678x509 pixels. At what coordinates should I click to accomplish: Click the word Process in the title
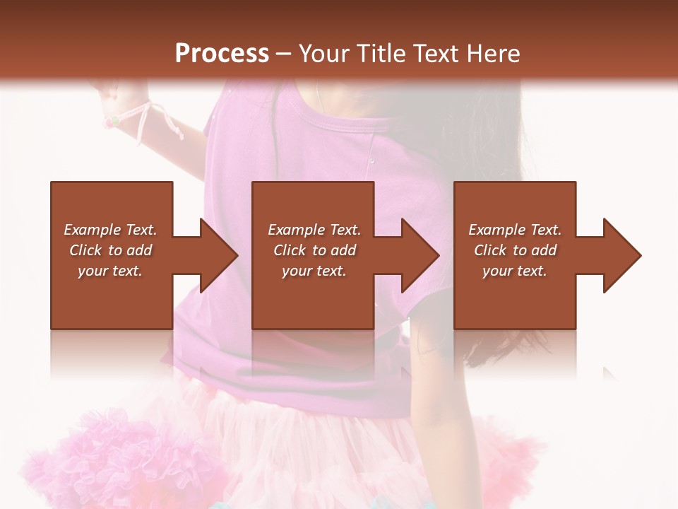click(222, 54)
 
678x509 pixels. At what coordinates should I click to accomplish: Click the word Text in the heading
click(437, 54)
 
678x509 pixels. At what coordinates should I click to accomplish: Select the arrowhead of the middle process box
click(420, 255)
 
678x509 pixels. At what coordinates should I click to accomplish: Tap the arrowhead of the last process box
click(621, 255)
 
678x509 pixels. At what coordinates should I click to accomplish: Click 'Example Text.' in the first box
click(110, 230)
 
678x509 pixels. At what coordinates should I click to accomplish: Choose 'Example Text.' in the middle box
click(314, 230)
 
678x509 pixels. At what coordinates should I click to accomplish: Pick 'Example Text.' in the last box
click(515, 230)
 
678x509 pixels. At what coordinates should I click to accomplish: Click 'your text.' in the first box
click(110, 271)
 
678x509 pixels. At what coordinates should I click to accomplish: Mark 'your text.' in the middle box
click(314, 271)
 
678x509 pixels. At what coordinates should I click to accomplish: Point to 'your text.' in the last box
click(515, 271)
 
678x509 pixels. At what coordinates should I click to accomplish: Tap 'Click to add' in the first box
click(110, 250)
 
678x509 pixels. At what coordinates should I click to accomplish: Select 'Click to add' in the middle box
click(314, 250)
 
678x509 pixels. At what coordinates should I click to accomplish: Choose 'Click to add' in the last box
click(515, 250)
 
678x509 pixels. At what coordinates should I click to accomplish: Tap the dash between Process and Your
click(284, 54)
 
